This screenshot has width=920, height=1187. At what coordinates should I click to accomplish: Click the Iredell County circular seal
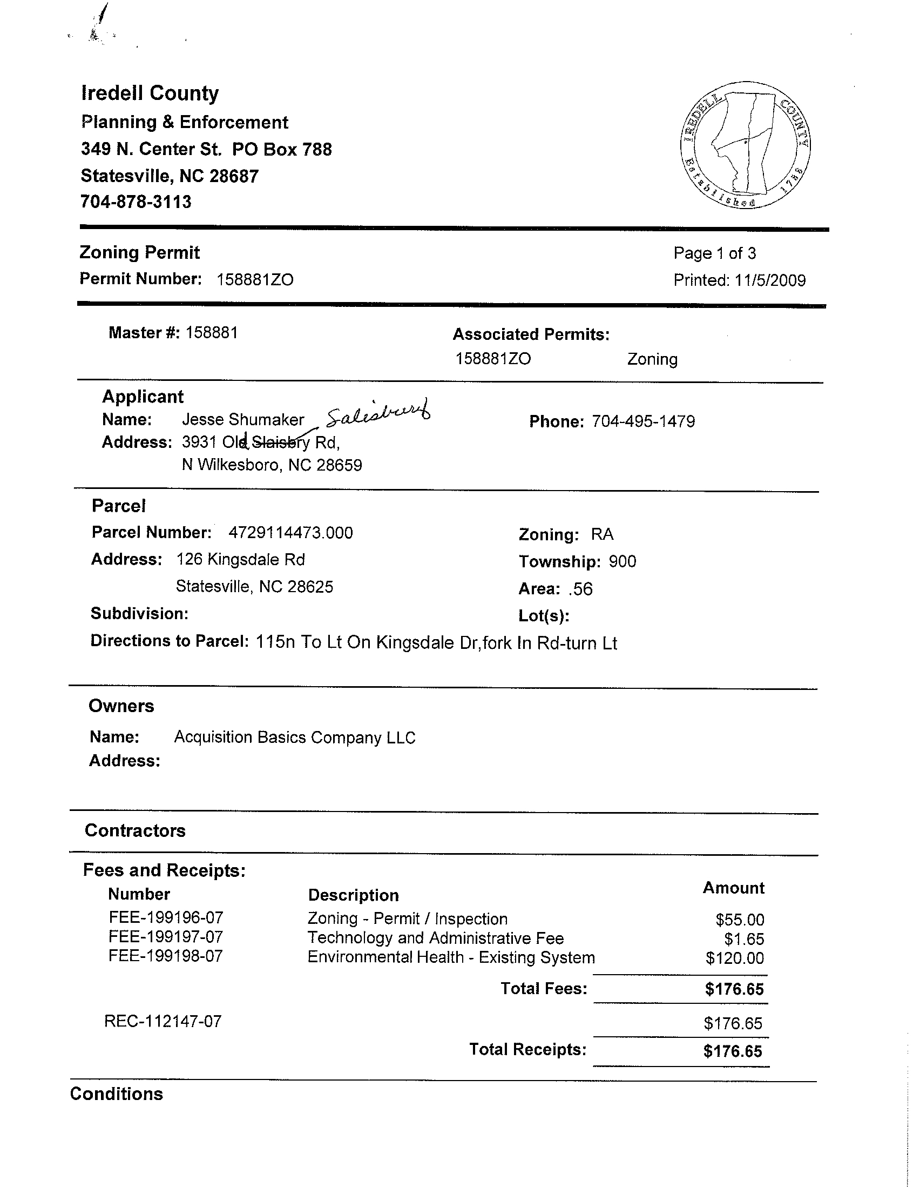tap(745, 146)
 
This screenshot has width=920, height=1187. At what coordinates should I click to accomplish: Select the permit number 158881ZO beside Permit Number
tap(255, 280)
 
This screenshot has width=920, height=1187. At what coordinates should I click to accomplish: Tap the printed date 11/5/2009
tap(769, 280)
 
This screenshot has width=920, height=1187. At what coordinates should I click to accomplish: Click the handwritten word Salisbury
tap(378, 416)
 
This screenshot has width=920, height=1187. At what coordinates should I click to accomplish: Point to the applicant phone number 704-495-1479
tap(643, 422)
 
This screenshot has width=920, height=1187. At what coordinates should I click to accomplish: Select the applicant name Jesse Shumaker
tap(243, 420)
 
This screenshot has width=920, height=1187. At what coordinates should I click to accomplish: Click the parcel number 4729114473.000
tap(290, 533)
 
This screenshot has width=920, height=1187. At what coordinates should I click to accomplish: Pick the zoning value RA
tap(602, 534)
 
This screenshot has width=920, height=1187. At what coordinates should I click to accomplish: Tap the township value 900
tap(622, 561)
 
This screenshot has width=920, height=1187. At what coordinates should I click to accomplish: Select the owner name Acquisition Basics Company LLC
tap(294, 737)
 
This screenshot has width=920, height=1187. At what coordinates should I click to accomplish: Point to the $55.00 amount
tap(739, 920)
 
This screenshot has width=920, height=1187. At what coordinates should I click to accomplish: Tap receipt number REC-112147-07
tap(163, 1021)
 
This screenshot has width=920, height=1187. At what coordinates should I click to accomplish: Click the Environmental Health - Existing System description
tap(451, 957)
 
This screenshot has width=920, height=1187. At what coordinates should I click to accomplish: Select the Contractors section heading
tap(135, 830)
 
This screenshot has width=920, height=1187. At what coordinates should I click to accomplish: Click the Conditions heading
tap(116, 1094)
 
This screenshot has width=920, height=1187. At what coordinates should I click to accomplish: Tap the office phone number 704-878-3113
tap(136, 202)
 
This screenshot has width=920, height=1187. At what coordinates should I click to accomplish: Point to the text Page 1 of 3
tap(714, 253)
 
